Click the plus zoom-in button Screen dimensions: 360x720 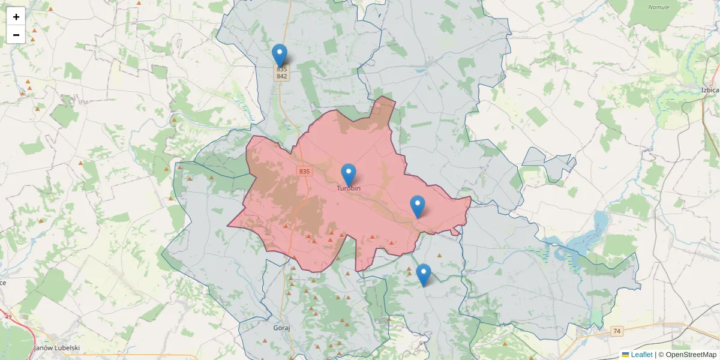click(16, 16)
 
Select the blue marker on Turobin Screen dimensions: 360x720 click(348, 175)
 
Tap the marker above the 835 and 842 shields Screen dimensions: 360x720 click(280, 55)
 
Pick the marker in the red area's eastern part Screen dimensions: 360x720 click(418, 206)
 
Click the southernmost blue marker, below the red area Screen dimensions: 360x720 click(424, 275)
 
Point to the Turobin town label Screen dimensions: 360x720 click(348, 188)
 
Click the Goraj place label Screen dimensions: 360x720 click(281, 329)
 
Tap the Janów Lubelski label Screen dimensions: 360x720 click(58, 347)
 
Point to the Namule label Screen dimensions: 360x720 click(659, 7)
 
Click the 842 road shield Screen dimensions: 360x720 click(281, 76)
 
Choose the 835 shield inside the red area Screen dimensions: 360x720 click(304, 172)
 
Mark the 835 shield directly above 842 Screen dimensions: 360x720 click(281, 69)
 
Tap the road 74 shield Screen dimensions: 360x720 click(617, 331)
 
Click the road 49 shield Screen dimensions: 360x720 click(8, 316)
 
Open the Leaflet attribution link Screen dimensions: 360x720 click(641, 355)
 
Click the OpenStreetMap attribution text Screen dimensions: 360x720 click(691, 355)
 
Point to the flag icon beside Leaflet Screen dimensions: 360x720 click(625, 355)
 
